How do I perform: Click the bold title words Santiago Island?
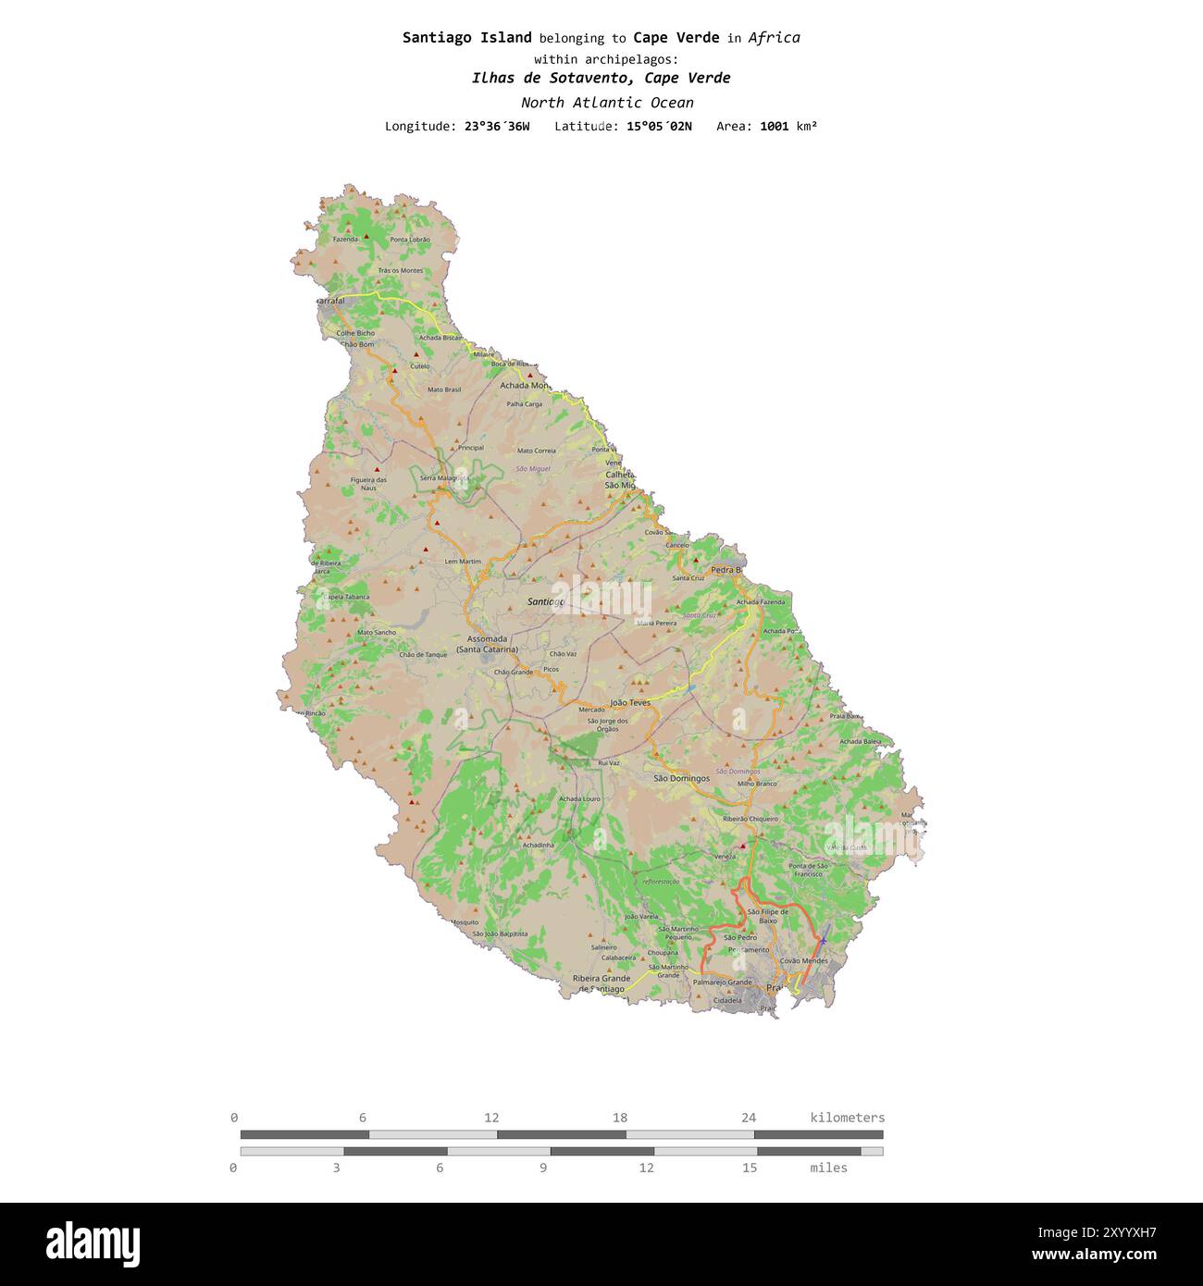click(466, 38)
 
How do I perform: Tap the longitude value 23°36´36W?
click(497, 126)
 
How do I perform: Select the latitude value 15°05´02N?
click(658, 126)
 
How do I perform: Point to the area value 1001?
click(774, 126)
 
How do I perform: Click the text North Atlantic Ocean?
click(606, 103)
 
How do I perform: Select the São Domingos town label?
click(681, 778)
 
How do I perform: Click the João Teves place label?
click(630, 702)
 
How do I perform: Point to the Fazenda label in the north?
click(346, 239)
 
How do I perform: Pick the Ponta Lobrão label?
click(410, 240)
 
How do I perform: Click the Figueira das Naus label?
click(368, 484)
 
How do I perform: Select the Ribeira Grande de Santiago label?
click(601, 983)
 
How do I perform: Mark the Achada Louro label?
click(579, 798)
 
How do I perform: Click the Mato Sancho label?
click(377, 633)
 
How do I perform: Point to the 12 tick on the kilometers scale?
click(491, 1118)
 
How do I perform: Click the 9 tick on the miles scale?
click(543, 1168)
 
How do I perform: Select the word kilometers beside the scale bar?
click(847, 1118)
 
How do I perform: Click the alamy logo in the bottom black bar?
click(93, 1244)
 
